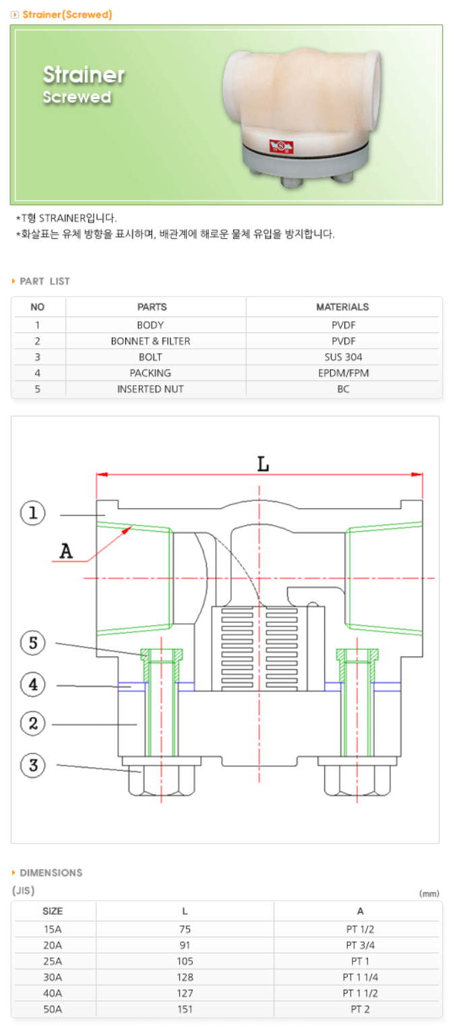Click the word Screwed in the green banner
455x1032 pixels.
[x=77, y=97]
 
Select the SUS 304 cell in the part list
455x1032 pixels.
[x=342, y=357]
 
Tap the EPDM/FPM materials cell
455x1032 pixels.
[x=342, y=373]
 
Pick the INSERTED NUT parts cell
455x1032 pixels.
[x=150, y=389]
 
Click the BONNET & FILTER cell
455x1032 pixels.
[x=150, y=341]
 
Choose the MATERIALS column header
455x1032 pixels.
[x=342, y=307]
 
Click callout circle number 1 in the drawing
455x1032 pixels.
[x=32, y=514]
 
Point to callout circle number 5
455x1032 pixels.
[x=32, y=644]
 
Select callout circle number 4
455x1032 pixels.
[x=32, y=685]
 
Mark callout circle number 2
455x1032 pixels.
[x=32, y=724]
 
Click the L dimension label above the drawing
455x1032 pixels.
[x=263, y=464]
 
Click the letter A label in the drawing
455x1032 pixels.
[x=66, y=552]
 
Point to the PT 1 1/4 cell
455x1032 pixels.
[x=360, y=977]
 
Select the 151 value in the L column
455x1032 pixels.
[x=185, y=1009]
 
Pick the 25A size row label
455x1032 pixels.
[x=52, y=961]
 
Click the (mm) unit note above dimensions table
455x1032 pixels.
[x=429, y=893]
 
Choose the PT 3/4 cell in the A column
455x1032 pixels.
[x=360, y=945]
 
